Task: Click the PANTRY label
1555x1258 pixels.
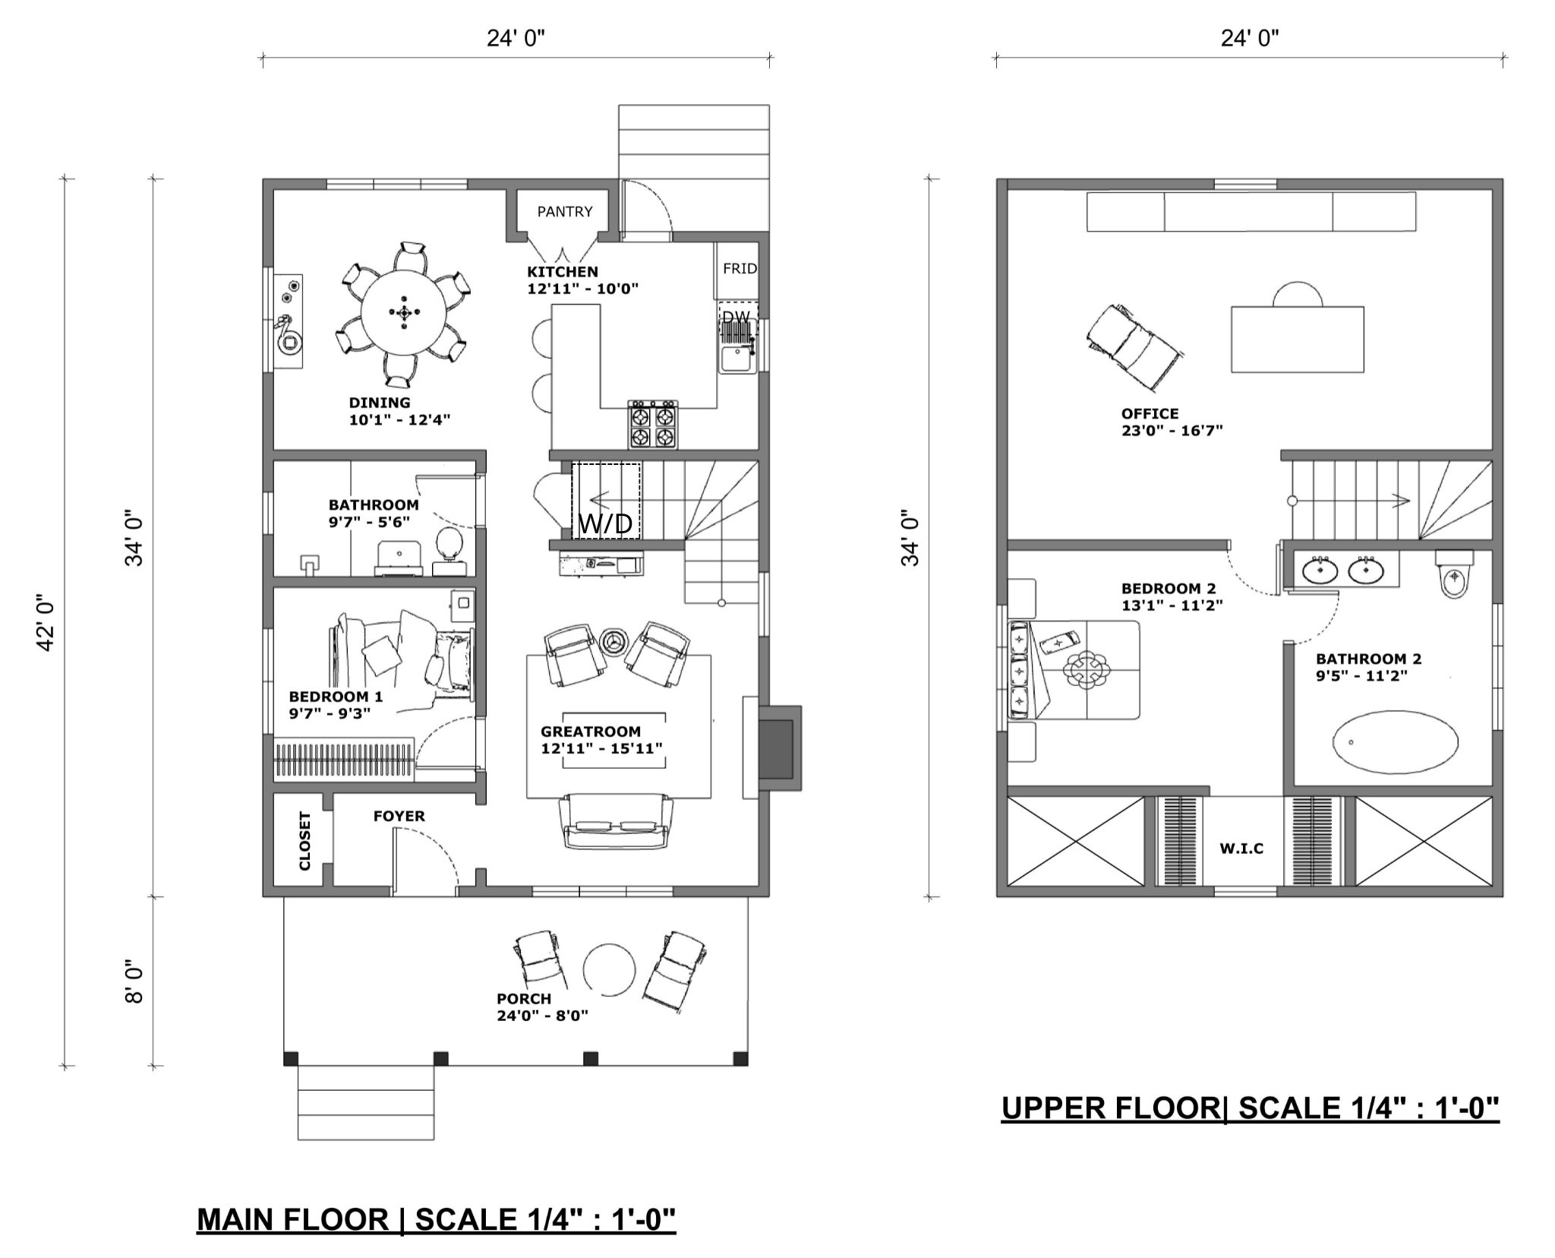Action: (x=565, y=212)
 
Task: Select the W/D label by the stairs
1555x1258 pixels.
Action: (x=605, y=523)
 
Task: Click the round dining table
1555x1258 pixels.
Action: (x=403, y=312)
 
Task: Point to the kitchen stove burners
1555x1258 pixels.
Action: (x=653, y=425)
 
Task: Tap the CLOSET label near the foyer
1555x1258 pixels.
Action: (x=305, y=840)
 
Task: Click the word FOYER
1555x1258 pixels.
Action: (x=399, y=816)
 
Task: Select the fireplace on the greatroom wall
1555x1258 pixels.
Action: (x=777, y=747)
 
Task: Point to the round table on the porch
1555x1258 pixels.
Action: (x=609, y=970)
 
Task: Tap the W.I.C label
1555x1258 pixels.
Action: (x=1242, y=849)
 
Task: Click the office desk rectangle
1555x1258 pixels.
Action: (x=1298, y=339)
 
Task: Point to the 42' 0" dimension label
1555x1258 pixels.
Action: (x=47, y=622)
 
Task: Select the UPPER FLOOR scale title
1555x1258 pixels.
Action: (x=1251, y=1108)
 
